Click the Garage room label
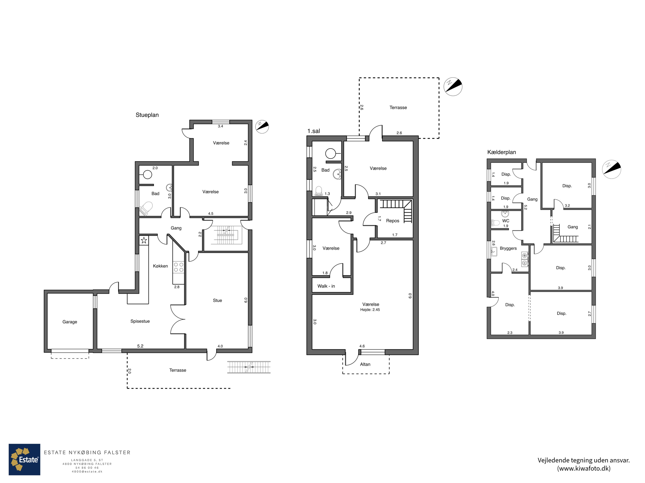click(70, 322)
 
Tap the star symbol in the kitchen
click(144, 240)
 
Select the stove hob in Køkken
click(178, 267)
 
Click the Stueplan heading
click(147, 115)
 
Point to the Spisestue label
click(140, 321)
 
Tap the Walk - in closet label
click(326, 286)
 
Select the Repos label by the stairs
click(392, 221)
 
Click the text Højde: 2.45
click(370, 310)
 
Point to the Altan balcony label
click(365, 364)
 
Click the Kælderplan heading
click(502, 152)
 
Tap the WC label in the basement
click(506, 221)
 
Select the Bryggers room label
click(508, 248)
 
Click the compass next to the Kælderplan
click(611, 169)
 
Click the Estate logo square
click(25, 459)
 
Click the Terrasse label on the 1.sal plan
click(398, 107)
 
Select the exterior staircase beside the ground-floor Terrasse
click(249, 367)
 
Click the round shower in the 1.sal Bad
click(331, 153)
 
